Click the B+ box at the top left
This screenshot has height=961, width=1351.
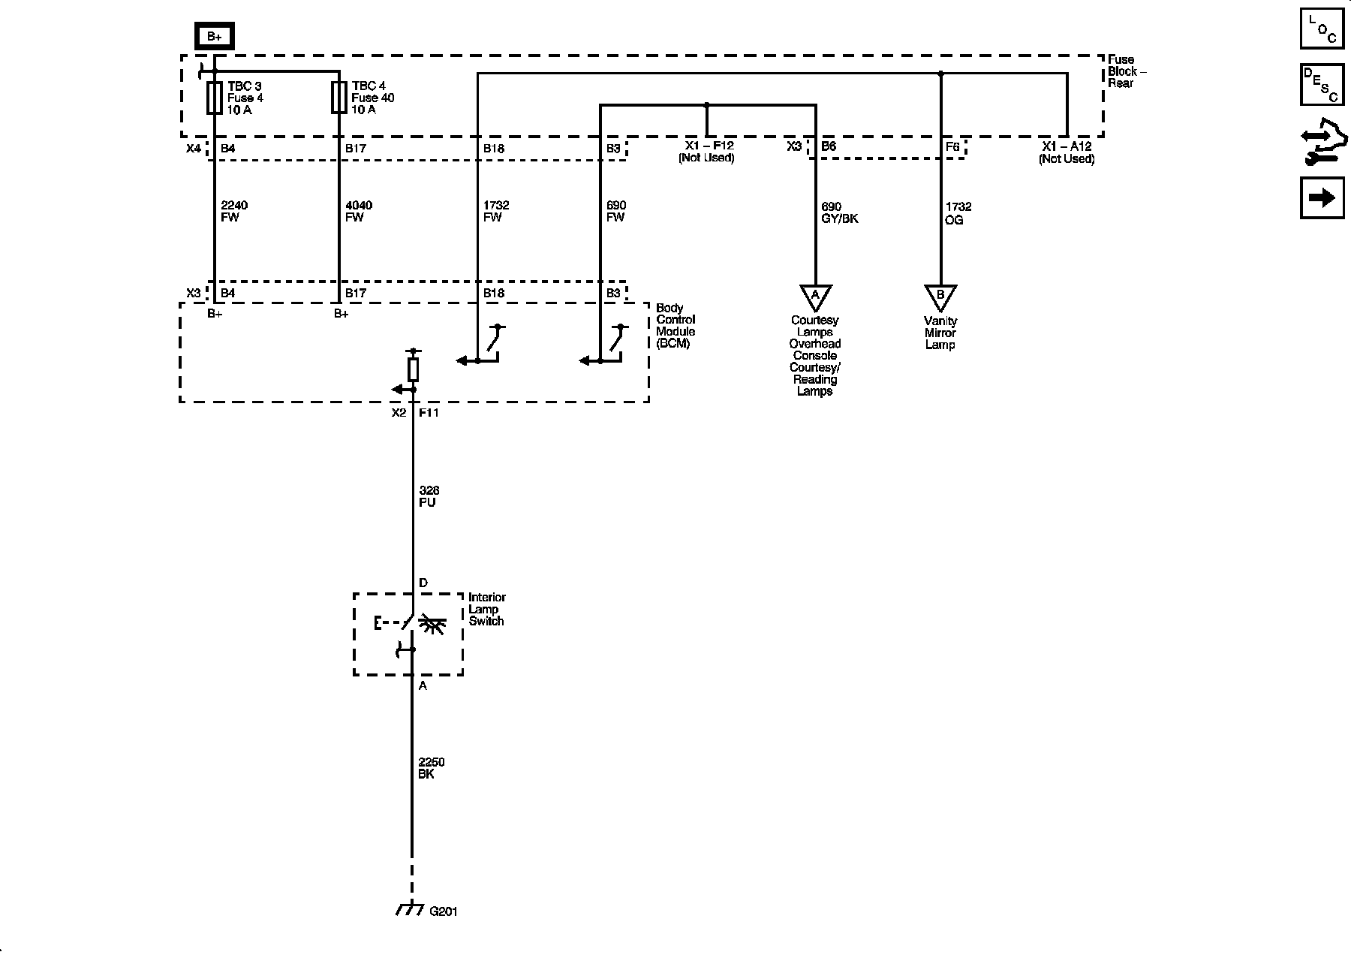tap(214, 36)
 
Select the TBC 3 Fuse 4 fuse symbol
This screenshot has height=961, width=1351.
tap(215, 98)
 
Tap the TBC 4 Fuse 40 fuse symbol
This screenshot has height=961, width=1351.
tap(339, 98)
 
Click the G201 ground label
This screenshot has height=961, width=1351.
tap(443, 911)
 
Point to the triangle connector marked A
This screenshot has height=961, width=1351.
tap(815, 297)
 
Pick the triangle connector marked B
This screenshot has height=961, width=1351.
tap(940, 297)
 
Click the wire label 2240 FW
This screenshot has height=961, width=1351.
tap(234, 212)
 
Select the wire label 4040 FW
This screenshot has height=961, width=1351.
tap(359, 212)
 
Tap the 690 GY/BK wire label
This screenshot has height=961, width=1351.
tap(840, 213)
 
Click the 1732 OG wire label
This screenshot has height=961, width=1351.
tap(958, 213)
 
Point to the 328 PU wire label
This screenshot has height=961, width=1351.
tap(429, 497)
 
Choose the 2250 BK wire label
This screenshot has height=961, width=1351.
tap(432, 769)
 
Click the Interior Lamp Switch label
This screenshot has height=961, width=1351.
tap(487, 609)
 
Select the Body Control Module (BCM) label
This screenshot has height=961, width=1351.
tap(675, 326)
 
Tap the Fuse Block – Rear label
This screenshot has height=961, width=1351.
tap(1127, 71)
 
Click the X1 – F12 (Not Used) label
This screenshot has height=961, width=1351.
tap(706, 152)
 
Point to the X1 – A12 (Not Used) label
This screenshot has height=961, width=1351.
tap(1067, 153)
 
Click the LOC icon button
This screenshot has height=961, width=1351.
tap(1322, 29)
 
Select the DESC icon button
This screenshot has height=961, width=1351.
tap(1322, 84)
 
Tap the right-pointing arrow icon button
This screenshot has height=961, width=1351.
tap(1322, 197)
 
